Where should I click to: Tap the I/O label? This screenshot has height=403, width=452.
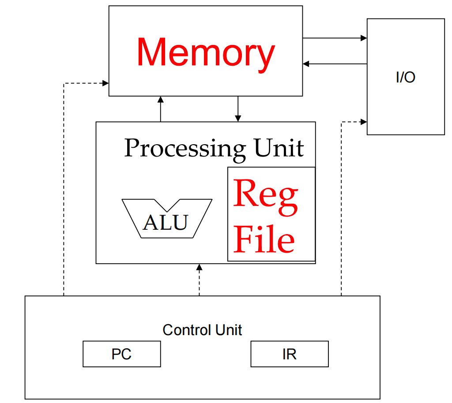coord(405,78)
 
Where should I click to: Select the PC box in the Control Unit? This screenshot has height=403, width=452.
coord(121,354)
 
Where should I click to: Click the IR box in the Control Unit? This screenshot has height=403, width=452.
coord(289,354)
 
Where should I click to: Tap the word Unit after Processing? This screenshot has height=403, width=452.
coord(279,148)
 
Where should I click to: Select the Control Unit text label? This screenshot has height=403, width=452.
coord(202,330)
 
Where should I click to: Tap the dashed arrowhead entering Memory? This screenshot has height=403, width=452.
coord(105,82)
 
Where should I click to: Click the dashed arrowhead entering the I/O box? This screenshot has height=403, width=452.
coord(364,121)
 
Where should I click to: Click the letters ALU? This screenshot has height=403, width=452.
coord(166,223)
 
